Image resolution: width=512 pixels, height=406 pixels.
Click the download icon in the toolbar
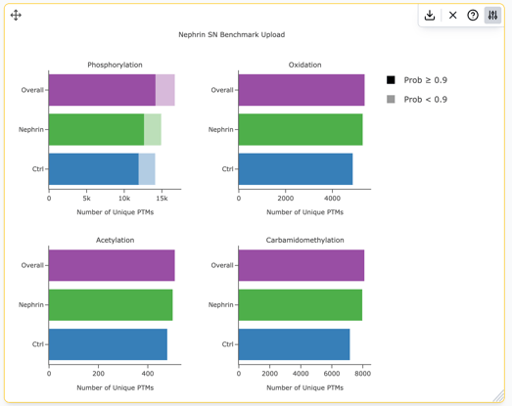[x=430, y=15]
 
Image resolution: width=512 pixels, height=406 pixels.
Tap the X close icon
[x=452, y=15]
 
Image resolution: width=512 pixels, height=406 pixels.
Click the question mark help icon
[x=473, y=15]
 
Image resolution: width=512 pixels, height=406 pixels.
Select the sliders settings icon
[x=492, y=15]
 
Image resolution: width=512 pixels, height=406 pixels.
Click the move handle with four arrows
[x=16, y=15]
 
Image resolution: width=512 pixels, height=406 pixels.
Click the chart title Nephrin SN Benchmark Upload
[x=231, y=34]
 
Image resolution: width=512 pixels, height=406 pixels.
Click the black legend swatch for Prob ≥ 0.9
[x=391, y=80]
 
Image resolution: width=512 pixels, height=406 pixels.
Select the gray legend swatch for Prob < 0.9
[x=391, y=99]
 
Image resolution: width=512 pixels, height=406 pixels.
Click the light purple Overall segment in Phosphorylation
[x=165, y=90]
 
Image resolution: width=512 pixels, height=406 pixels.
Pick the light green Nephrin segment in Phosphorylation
[x=153, y=129]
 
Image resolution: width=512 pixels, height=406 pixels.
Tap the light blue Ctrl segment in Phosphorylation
[x=147, y=169]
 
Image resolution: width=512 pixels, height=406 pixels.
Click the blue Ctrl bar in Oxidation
[x=296, y=169]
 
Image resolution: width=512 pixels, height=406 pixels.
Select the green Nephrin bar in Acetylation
[x=111, y=305]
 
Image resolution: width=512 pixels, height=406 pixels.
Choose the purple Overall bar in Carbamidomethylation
[x=302, y=265]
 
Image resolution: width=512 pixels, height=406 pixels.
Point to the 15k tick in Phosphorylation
[x=162, y=199]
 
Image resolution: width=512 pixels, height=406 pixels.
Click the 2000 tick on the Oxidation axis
[x=286, y=199]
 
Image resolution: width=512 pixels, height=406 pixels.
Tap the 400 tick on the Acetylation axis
[x=148, y=374]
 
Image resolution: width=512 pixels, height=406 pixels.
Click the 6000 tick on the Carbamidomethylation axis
[x=332, y=374]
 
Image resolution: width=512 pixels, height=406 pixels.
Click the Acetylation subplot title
[x=115, y=241]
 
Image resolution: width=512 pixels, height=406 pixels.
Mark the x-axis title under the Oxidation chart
[x=305, y=212]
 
